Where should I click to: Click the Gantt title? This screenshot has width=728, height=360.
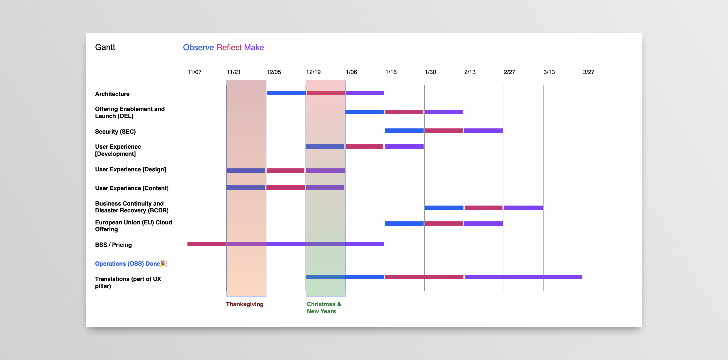tap(105, 47)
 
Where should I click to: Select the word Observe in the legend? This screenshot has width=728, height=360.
tap(198, 48)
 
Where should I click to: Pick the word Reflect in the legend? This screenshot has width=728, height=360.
tap(229, 48)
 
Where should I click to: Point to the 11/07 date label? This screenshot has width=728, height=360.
tap(194, 72)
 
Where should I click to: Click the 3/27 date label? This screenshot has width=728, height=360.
tap(588, 72)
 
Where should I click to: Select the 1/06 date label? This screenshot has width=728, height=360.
tap(351, 72)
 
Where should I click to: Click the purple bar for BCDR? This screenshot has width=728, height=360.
tap(523, 208)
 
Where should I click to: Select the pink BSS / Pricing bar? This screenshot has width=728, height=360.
tap(207, 244)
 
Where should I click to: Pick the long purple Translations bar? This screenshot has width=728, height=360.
tap(523, 277)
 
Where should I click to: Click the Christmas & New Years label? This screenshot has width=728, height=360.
tap(324, 308)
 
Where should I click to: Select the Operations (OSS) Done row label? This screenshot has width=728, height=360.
tap(127, 264)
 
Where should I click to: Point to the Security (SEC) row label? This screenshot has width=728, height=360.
tap(115, 132)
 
